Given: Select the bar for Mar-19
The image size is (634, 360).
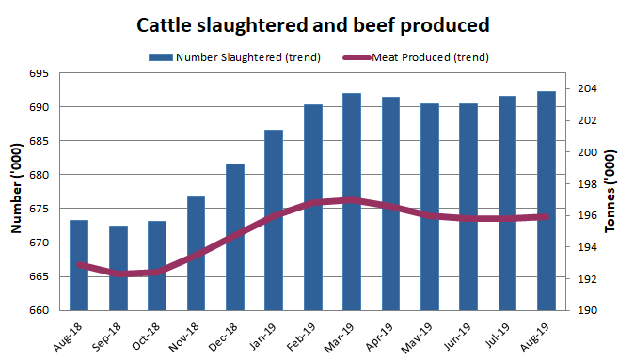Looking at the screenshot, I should [352, 202].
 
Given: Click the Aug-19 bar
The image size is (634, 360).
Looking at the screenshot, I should [546, 201].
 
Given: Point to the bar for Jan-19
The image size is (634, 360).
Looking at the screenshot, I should [274, 220].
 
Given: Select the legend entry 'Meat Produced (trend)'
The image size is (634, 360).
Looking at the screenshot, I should [430, 56].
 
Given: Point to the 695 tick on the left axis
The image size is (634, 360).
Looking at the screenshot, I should [41, 73].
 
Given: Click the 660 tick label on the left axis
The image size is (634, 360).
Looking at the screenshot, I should [41, 310].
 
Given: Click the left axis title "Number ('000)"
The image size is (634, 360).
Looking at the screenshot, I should [16, 192].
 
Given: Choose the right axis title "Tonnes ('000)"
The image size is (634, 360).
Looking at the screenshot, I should [620, 192].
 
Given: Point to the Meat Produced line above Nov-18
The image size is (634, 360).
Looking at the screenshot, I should [197, 254].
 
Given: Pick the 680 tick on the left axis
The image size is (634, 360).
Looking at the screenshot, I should [41, 175].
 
